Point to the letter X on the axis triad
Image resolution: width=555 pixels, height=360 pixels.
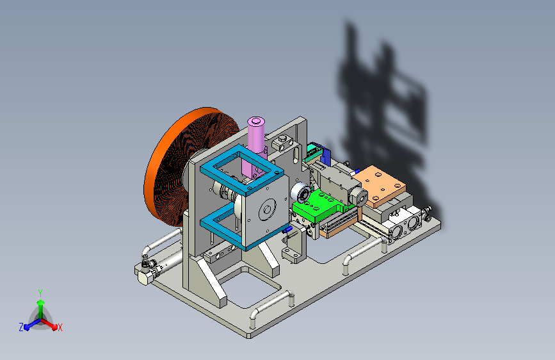[x=60, y=328]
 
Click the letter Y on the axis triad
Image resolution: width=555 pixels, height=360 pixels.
[x=40, y=293]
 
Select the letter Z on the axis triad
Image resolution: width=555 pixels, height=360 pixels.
[x=21, y=327]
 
